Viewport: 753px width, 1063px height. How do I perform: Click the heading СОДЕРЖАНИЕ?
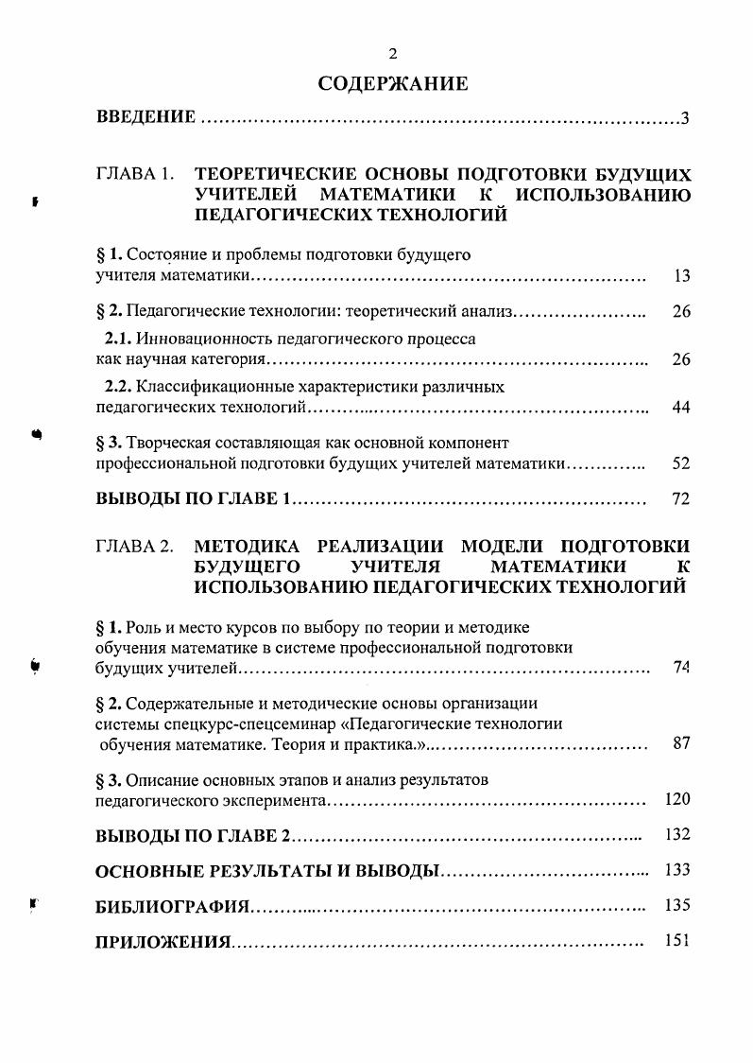click(393, 84)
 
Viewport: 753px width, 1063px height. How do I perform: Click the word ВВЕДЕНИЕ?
click(146, 118)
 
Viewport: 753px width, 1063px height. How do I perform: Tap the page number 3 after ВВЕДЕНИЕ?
click(685, 118)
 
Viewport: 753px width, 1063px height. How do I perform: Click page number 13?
click(681, 276)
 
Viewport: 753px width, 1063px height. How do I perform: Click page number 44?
click(681, 408)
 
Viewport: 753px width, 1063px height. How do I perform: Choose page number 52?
click(681, 463)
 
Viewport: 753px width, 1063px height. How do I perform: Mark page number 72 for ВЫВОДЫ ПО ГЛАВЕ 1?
click(681, 499)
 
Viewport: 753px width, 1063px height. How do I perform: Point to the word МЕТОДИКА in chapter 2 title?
click(246, 547)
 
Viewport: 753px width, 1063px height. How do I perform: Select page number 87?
click(681, 743)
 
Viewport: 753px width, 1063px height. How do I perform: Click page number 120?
click(677, 799)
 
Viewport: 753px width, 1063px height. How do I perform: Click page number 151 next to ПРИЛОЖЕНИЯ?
click(677, 941)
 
